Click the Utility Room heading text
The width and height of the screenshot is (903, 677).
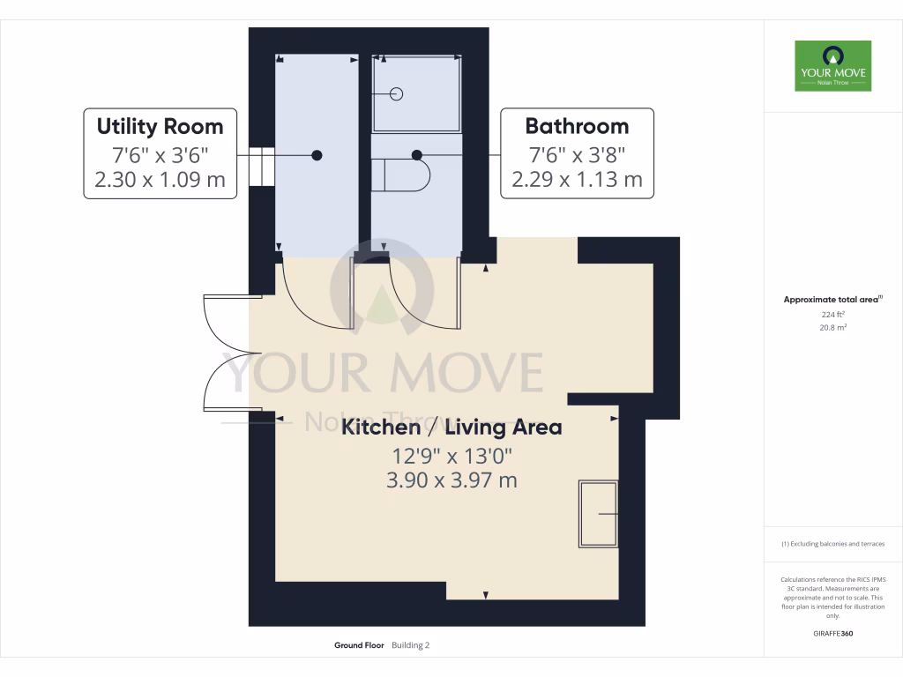(x=160, y=126)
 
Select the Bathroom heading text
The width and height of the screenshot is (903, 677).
(x=577, y=125)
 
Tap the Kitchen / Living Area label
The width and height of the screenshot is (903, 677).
(x=451, y=428)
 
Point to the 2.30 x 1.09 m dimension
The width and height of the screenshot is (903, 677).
(x=160, y=181)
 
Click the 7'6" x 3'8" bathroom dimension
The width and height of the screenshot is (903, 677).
(x=577, y=154)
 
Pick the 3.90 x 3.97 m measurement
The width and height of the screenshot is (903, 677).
(x=451, y=480)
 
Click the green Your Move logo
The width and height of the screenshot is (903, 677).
(x=832, y=65)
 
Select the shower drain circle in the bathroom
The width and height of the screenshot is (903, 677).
(x=396, y=93)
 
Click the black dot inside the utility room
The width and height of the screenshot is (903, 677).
(x=317, y=155)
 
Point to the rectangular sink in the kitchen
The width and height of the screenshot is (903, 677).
(x=598, y=514)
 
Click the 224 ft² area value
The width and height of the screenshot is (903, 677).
(x=832, y=314)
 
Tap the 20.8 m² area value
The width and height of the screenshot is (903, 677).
(x=832, y=327)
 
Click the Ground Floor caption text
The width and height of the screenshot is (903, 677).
(x=359, y=645)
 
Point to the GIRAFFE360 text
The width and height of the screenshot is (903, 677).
(x=832, y=633)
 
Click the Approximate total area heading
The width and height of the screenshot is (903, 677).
(x=832, y=300)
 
